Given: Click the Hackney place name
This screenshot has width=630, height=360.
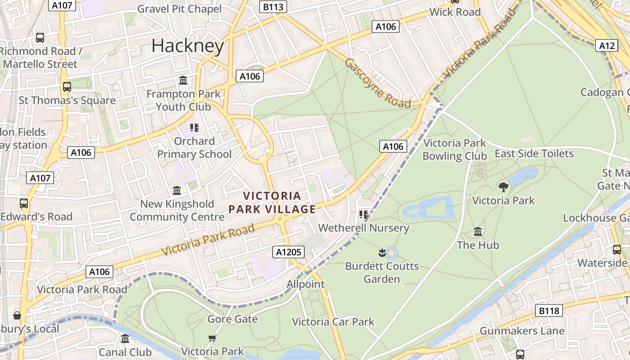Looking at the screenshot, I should tap(188, 46).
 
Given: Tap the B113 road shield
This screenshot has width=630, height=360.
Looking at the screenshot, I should tap(273, 6).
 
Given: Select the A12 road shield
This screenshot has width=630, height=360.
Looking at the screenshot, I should tap(607, 45).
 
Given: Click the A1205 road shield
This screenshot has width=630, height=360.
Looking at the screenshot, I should tap(288, 252).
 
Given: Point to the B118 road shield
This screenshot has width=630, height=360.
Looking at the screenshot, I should tap(549, 310).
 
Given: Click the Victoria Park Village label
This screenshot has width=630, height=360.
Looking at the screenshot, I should tap(272, 202).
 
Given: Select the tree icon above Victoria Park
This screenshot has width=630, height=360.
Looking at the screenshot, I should tap(504, 187).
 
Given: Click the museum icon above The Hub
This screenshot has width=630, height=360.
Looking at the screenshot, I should tap(478, 232).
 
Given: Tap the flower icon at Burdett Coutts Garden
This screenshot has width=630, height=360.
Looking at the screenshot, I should tap(382, 253).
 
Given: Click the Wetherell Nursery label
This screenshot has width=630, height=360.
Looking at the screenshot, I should tap(364, 228).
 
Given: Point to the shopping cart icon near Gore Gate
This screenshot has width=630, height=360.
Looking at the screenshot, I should tap(212, 338).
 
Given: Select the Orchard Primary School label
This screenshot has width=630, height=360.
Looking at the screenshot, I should tap(194, 148).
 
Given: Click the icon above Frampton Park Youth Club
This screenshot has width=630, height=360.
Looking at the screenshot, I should tap(183, 81).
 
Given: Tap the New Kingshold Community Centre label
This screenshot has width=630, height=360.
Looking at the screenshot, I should tap(177, 210).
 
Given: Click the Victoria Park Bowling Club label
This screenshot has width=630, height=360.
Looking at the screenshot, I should tap(454, 149).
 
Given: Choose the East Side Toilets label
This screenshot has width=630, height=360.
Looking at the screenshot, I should tap(534, 153).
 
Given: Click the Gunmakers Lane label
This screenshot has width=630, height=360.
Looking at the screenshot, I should tap(522, 331).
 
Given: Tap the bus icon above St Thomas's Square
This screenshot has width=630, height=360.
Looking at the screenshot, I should tap(67, 86).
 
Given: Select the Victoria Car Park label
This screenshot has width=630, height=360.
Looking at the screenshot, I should tap(333, 322).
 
